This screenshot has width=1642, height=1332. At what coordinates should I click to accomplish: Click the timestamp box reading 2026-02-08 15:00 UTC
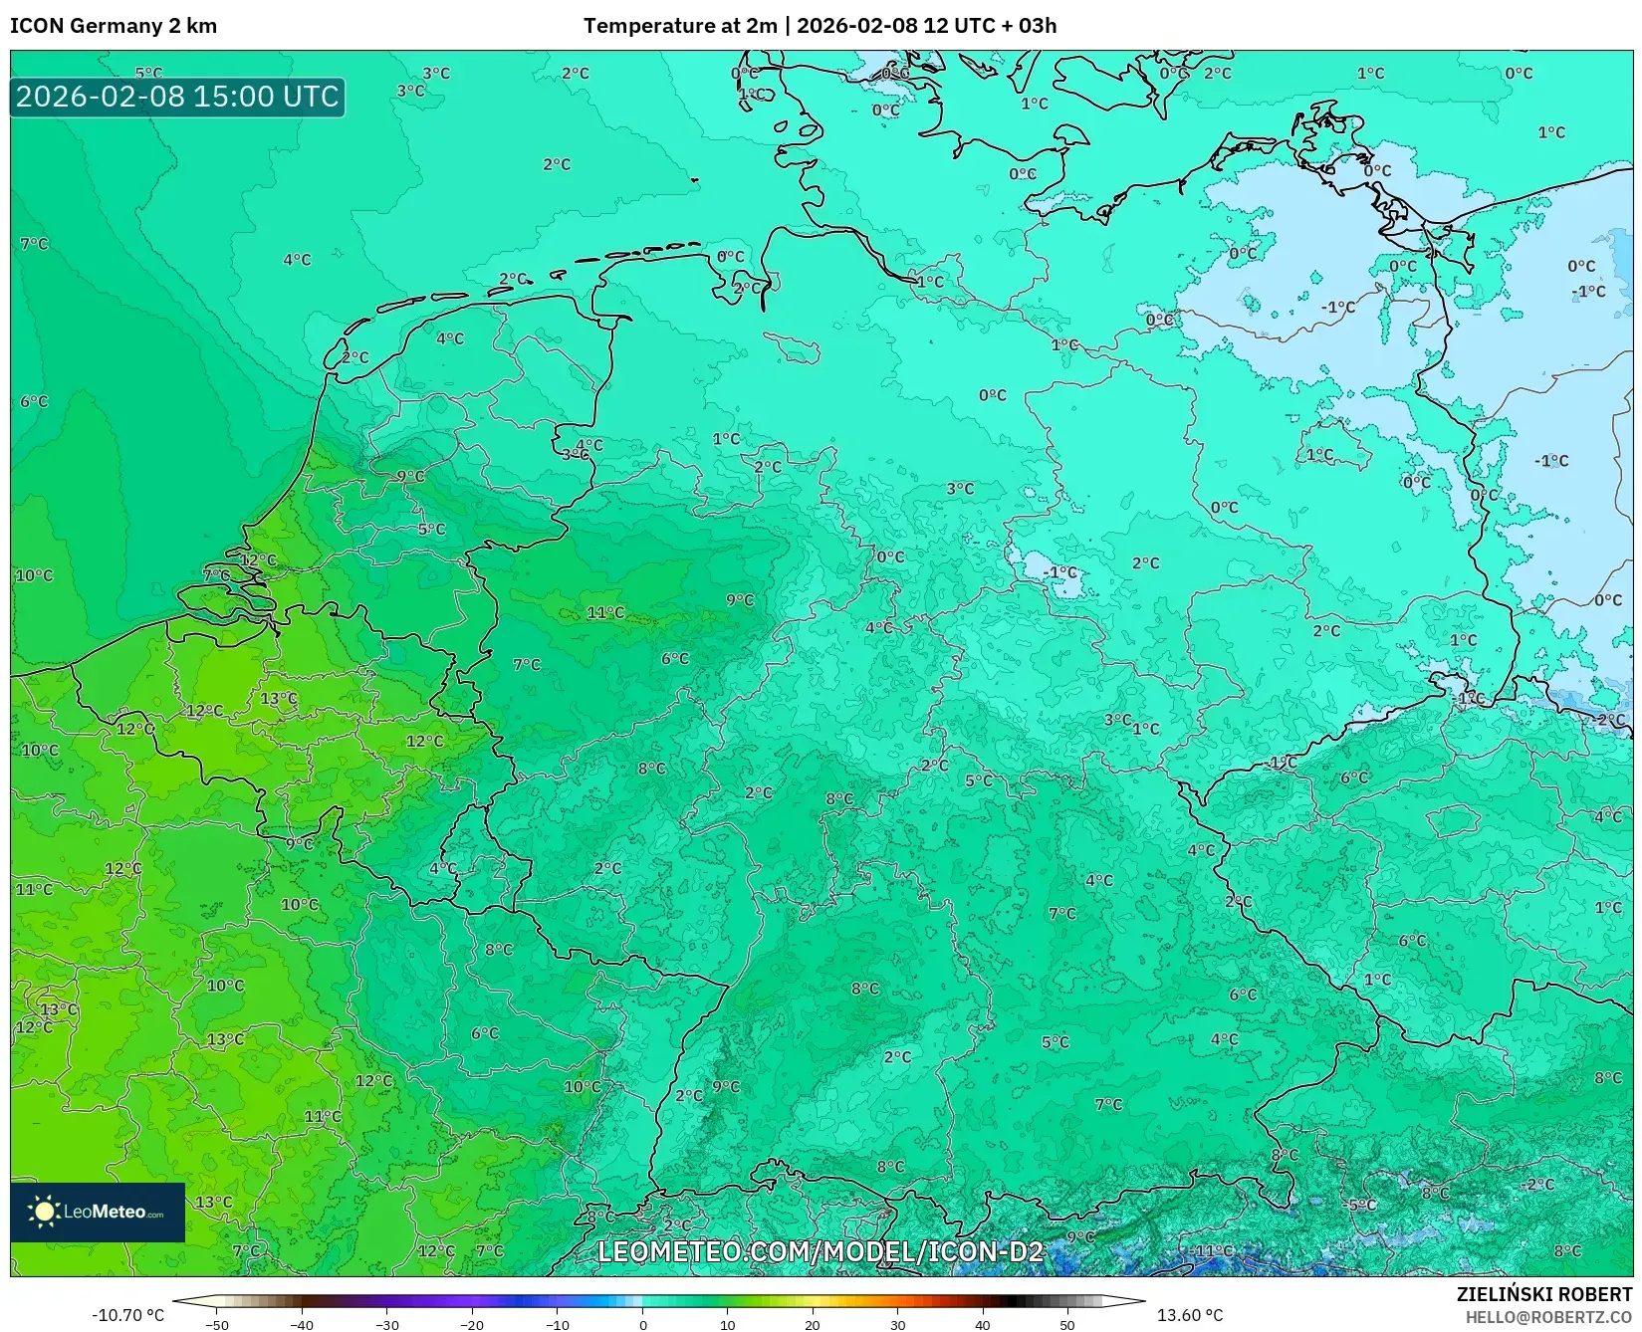point(177,98)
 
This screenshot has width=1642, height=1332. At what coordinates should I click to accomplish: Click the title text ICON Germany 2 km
point(114,26)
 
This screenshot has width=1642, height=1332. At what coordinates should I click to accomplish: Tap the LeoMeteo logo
point(98,1212)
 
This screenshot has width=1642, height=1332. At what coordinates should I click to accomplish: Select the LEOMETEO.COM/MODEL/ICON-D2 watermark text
point(820,1251)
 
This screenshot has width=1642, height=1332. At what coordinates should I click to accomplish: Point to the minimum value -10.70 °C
point(127,1315)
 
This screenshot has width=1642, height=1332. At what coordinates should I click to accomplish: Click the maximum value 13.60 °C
point(1189,1315)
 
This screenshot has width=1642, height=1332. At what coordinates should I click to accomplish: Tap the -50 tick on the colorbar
point(216,1324)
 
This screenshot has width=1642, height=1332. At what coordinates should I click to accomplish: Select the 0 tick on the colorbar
point(642,1324)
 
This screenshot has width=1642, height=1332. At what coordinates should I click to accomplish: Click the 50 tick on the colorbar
point(1067,1324)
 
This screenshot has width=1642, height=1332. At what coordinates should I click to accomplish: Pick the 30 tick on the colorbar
point(897,1324)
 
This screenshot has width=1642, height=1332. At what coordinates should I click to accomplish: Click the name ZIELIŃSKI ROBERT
point(1543,1294)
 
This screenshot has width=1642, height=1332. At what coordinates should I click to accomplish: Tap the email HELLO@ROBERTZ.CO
point(1547,1317)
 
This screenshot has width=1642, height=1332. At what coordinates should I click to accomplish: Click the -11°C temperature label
point(1213,1250)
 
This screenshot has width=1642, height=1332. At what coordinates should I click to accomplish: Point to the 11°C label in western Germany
point(605,612)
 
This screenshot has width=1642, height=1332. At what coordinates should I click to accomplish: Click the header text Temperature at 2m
point(679,26)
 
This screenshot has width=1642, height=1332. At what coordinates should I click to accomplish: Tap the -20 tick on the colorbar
point(472,1324)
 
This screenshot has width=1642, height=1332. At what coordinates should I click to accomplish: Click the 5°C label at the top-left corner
point(148,73)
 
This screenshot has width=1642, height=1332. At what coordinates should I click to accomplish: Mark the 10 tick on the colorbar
point(727,1324)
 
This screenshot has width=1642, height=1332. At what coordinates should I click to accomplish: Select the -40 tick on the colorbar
point(302,1324)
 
